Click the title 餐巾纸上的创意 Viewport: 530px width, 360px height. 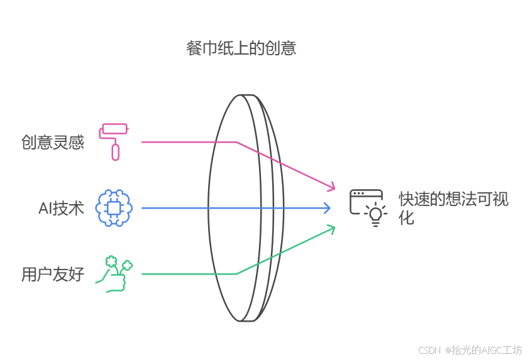241,48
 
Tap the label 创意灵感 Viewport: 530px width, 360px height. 53,143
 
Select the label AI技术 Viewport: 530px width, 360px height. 61,209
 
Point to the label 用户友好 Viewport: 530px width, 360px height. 53,275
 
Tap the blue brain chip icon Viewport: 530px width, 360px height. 114,207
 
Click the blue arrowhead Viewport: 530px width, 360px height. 327,208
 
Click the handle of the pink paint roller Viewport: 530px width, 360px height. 115,151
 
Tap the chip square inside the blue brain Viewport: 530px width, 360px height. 114,208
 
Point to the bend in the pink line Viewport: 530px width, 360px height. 236,142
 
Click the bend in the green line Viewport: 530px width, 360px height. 236,274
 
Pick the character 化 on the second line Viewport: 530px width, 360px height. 407,219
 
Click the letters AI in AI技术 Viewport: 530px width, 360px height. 45,209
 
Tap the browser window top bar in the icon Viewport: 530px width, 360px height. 366,194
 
